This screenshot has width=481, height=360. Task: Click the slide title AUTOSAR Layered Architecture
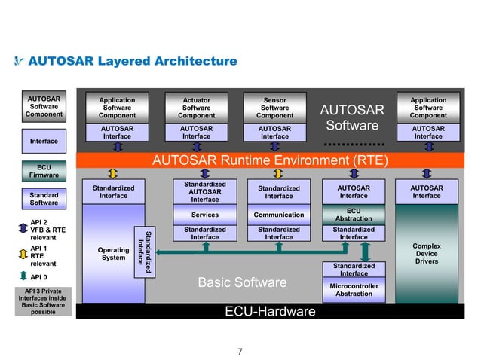click(132, 61)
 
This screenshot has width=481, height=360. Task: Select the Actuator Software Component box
click(196, 108)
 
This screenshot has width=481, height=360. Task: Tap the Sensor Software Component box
click(274, 108)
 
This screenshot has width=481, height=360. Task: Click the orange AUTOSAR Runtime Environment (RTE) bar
click(270, 160)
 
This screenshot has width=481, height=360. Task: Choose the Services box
click(204, 215)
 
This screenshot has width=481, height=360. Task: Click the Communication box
click(278, 215)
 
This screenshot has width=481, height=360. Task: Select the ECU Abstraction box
click(353, 215)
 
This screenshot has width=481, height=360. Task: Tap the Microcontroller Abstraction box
click(353, 290)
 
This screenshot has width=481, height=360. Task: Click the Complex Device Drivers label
click(427, 254)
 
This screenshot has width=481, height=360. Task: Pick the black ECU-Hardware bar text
click(270, 312)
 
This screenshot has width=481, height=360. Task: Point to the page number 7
click(240, 351)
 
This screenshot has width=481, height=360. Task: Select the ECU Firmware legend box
click(44, 171)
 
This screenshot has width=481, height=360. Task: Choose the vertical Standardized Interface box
click(140, 245)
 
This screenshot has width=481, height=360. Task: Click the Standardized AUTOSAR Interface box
click(204, 191)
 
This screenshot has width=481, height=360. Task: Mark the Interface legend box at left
click(44, 141)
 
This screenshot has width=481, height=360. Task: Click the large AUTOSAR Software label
click(353, 117)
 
